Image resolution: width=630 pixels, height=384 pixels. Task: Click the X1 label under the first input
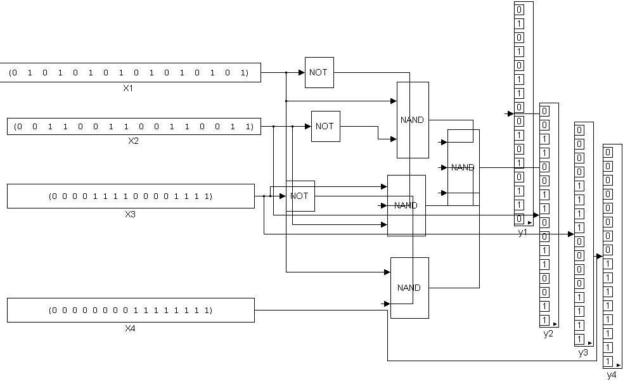point(128,88)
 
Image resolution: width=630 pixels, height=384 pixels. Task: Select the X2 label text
point(133,141)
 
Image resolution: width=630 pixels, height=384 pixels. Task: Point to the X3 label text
point(131,214)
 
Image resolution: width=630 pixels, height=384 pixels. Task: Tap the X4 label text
point(131,329)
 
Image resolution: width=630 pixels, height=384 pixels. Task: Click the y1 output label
point(522,233)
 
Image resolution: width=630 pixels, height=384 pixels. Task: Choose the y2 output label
point(548,333)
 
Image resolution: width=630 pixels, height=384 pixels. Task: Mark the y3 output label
point(583,353)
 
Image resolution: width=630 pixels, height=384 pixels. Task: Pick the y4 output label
point(612,375)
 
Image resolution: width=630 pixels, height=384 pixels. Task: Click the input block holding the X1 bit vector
point(129,73)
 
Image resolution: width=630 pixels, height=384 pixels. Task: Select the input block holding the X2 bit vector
point(133,126)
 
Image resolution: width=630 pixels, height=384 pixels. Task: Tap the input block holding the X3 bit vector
point(131,196)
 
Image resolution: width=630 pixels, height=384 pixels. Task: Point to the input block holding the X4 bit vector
point(131,310)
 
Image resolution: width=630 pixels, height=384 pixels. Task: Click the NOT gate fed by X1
point(319,72)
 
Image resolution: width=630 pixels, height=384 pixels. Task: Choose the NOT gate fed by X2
point(325,126)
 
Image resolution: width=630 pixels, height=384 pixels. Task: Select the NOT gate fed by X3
point(299,196)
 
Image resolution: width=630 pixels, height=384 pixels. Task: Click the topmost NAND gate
point(413,120)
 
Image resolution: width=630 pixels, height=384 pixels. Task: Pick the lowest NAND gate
point(409,288)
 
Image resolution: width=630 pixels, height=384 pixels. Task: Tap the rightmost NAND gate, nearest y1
point(463,167)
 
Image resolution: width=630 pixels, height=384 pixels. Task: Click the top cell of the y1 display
point(520,10)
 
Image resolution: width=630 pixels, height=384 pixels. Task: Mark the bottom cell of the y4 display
point(608,361)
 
